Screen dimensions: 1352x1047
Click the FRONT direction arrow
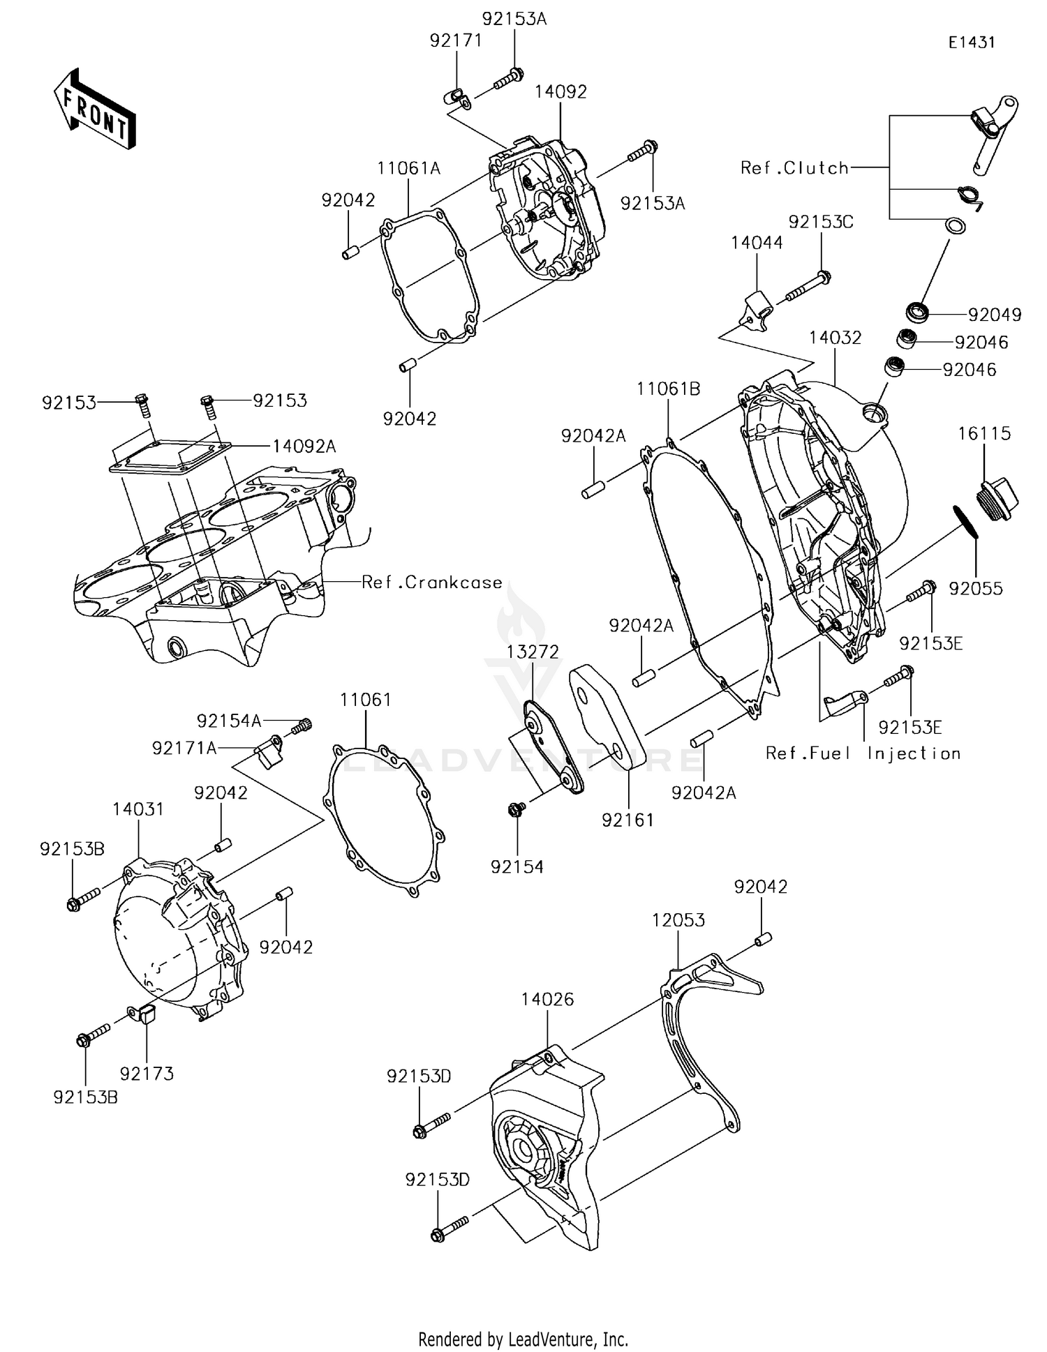coord(95,109)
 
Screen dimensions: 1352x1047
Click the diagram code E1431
coord(971,43)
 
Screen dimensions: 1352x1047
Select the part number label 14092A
coord(304,446)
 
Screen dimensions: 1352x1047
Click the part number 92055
coord(975,588)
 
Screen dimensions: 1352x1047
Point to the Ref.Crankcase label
coord(431,582)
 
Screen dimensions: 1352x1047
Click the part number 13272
coord(533,652)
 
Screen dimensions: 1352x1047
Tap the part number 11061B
coord(668,389)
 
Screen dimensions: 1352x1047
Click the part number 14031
coord(138,809)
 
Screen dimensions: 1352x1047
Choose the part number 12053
coord(678,919)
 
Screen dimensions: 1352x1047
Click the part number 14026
coord(547,999)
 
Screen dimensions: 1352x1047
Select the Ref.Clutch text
coord(794,168)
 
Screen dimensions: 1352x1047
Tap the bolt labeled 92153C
coord(807,287)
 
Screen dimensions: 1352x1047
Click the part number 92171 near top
coord(456,40)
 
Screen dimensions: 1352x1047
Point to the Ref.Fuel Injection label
coord(863,753)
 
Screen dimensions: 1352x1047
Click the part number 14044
coord(757,243)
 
